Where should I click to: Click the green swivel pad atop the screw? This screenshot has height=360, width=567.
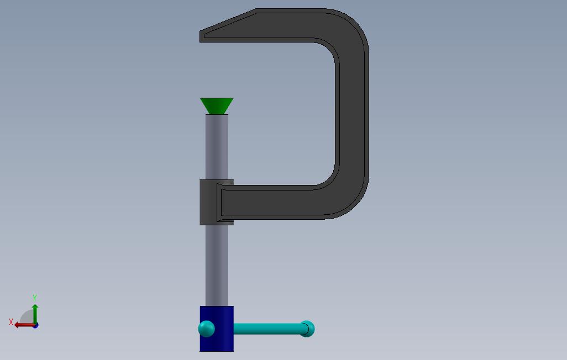(x=217, y=106)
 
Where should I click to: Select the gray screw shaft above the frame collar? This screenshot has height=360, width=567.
(x=217, y=147)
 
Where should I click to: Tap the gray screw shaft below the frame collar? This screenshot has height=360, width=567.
(x=217, y=265)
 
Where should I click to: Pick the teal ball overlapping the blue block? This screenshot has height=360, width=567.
(x=207, y=329)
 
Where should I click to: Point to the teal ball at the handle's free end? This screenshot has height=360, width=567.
(x=307, y=329)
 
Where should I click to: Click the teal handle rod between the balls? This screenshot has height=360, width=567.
(x=267, y=329)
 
